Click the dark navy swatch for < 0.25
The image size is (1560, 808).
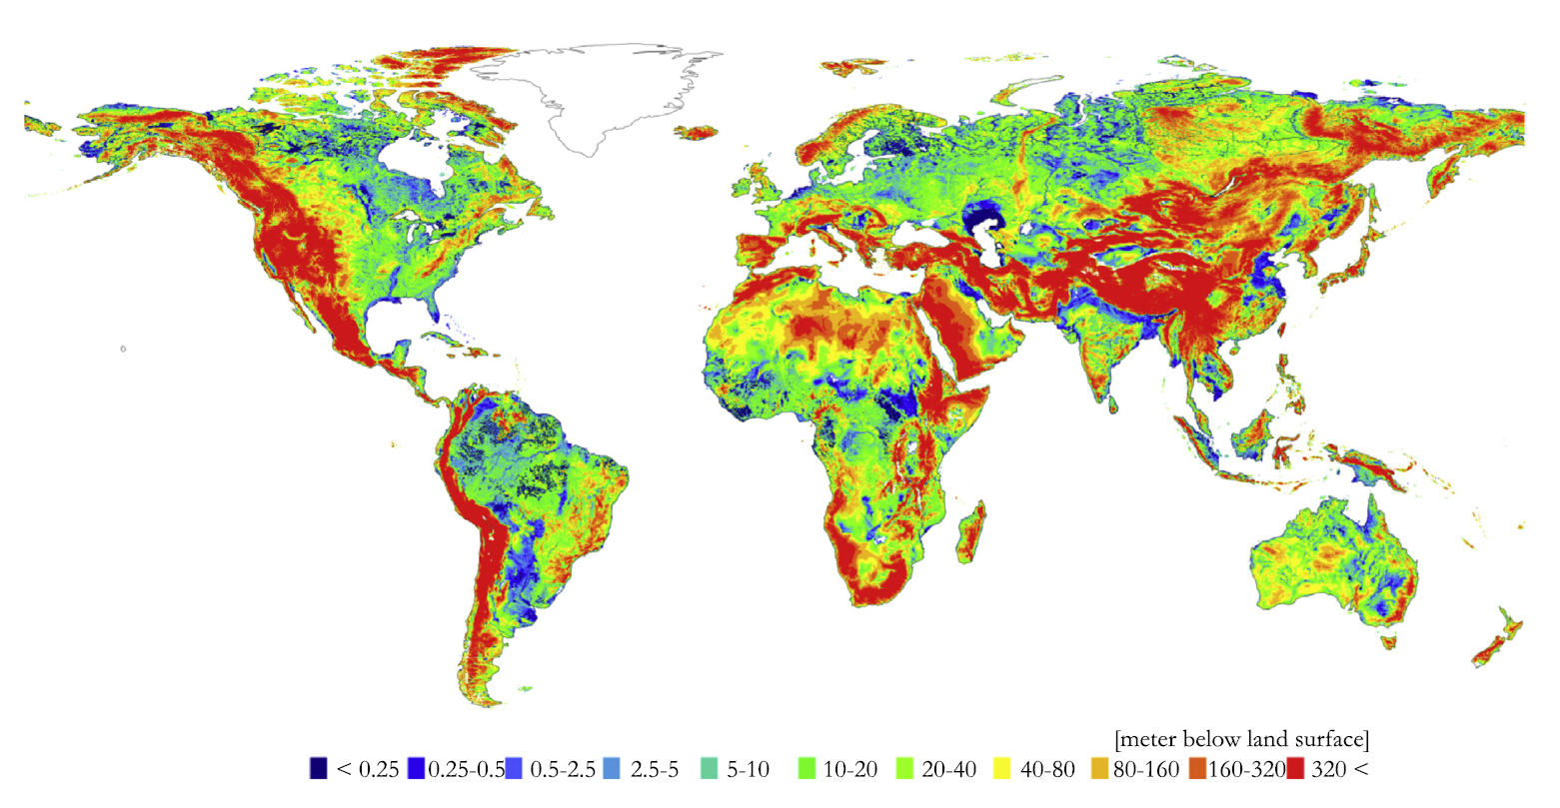pos(318,769)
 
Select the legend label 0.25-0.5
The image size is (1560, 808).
pos(467,769)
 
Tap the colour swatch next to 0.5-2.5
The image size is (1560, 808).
pos(514,769)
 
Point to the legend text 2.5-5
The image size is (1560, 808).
pos(655,769)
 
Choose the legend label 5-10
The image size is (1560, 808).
pos(749,769)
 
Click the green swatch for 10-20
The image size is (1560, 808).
pos(807,769)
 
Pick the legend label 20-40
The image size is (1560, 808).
pos(949,769)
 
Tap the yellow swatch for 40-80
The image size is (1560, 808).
pos(1002,769)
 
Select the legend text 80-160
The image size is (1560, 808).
pos(1147,769)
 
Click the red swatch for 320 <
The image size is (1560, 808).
pos(1297,769)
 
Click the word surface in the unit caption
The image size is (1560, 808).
pos(1325,740)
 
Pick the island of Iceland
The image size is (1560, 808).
pos(698,133)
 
